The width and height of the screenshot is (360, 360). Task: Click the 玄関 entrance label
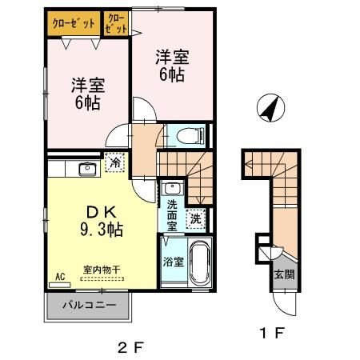pyautogui.click(x=285, y=274)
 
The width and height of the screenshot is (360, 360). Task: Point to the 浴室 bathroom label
pyautogui.click(x=173, y=262)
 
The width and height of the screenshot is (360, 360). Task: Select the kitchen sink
pyautogui.click(x=87, y=169)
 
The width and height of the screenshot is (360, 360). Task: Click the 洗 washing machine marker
pyautogui.click(x=195, y=217)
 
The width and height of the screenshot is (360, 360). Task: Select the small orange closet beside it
pyautogui.click(x=116, y=23)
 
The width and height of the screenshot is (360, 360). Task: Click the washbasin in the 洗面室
pyautogui.click(x=170, y=190)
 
